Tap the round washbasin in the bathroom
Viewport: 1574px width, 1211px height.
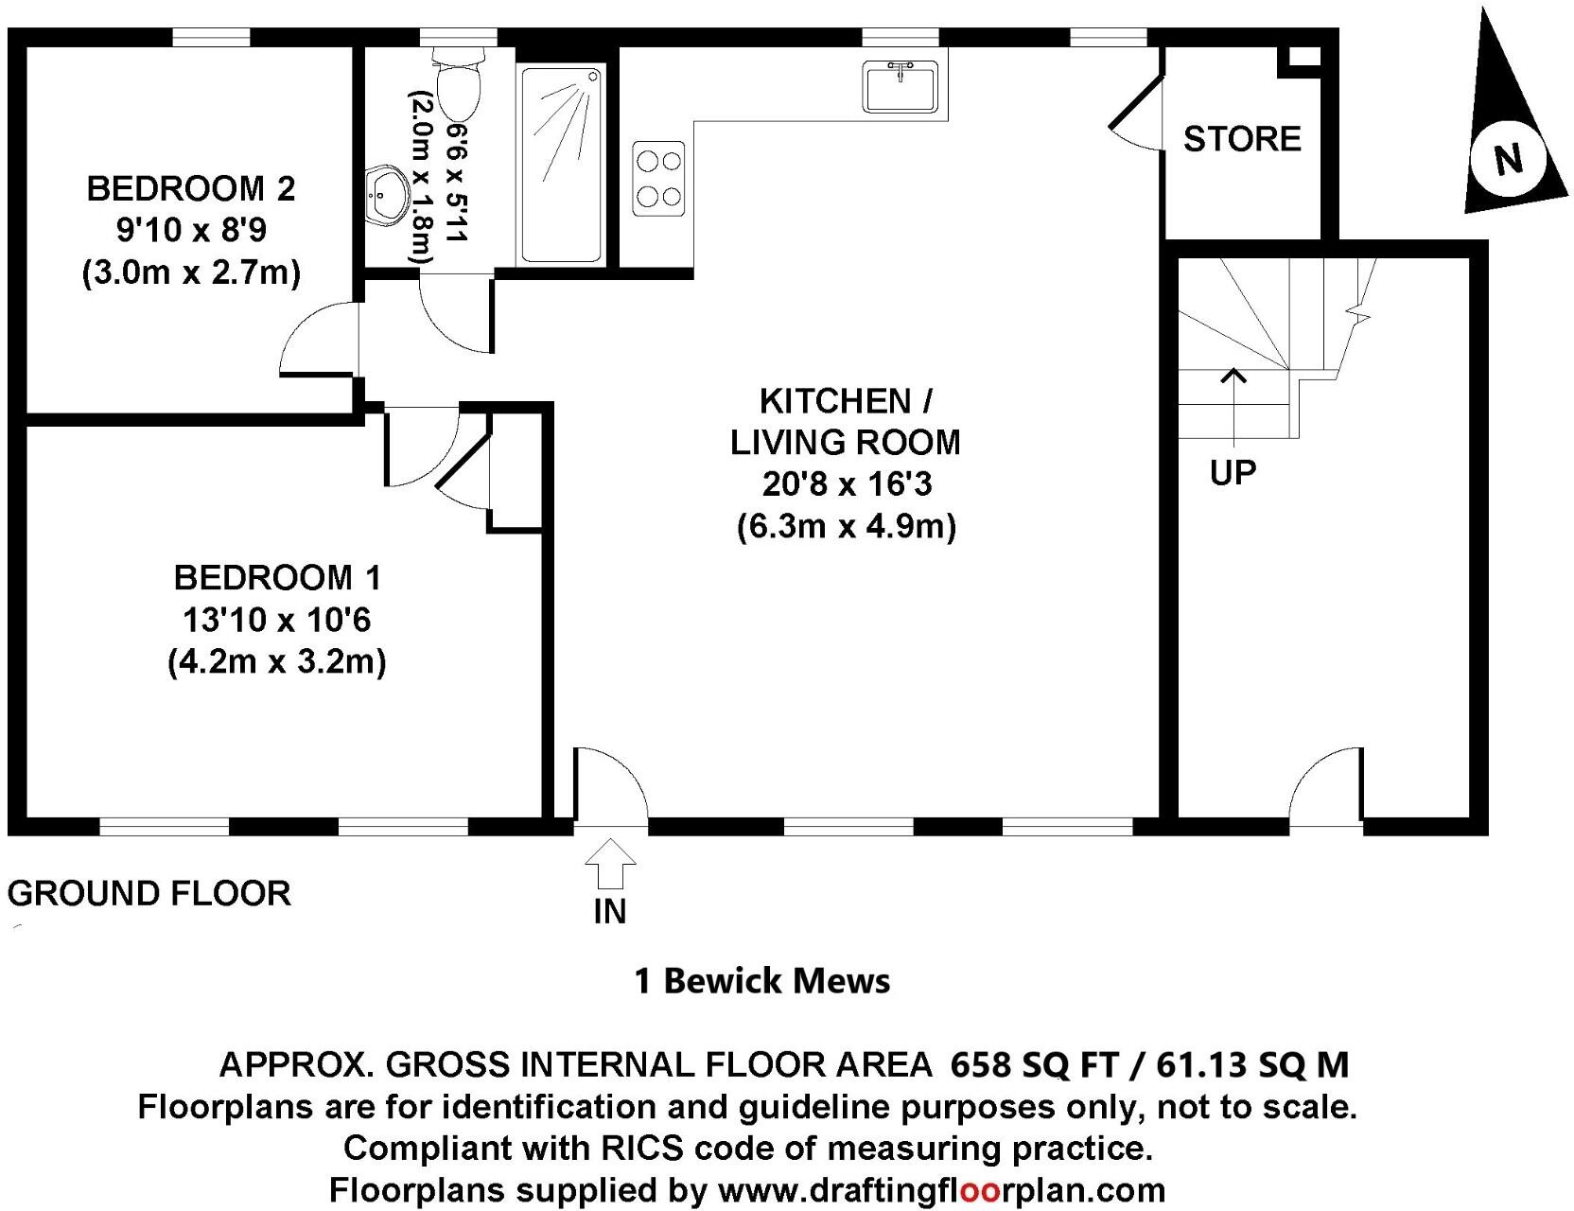pyautogui.click(x=387, y=195)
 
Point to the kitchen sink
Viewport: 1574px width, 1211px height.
pyautogui.click(x=900, y=87)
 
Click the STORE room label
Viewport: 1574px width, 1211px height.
pyautogui.click(x=1242, y=139)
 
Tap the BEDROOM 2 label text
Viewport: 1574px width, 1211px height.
pyautogui.click(x=191, y=188)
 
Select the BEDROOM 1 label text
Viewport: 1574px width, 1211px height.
pyautogui.click(x=277, y=577)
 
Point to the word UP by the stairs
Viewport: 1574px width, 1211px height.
pyautogui.click(x=1233, y=472)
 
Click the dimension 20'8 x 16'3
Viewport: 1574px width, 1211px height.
pyautogui.click(x=847, y=484)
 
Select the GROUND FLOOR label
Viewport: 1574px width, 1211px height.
pyautogui.click(x=149, y=893)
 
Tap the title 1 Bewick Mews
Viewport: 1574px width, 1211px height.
pyautogui.click(x=761, y=981)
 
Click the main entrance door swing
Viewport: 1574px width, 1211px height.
pyautogui.click(x=613, y=785)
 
